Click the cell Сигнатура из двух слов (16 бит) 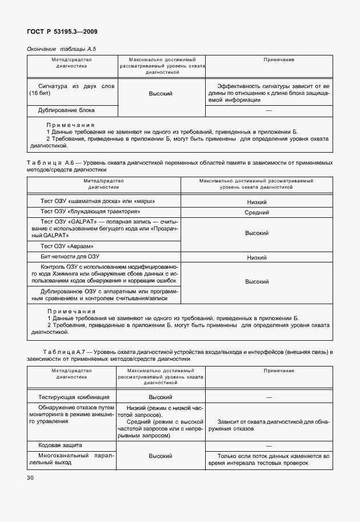pyautogui.click(x=72, y=89)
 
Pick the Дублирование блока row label pyautogui.click(x=66, y=110)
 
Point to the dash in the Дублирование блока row pyautogui.click(x=269, y=110)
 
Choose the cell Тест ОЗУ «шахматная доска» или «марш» pyautogui.click(x=98, y=201)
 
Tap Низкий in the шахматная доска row pyautogui.click(x=257, y=202)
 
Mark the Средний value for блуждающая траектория pyautogui.click(x=257, y=212)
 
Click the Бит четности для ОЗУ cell pyautogui.click(x=73, y=257)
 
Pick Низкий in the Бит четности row pyautogui.click(x=257, y=258)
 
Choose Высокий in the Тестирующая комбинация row pyautogui.click(x=161, y=396)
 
